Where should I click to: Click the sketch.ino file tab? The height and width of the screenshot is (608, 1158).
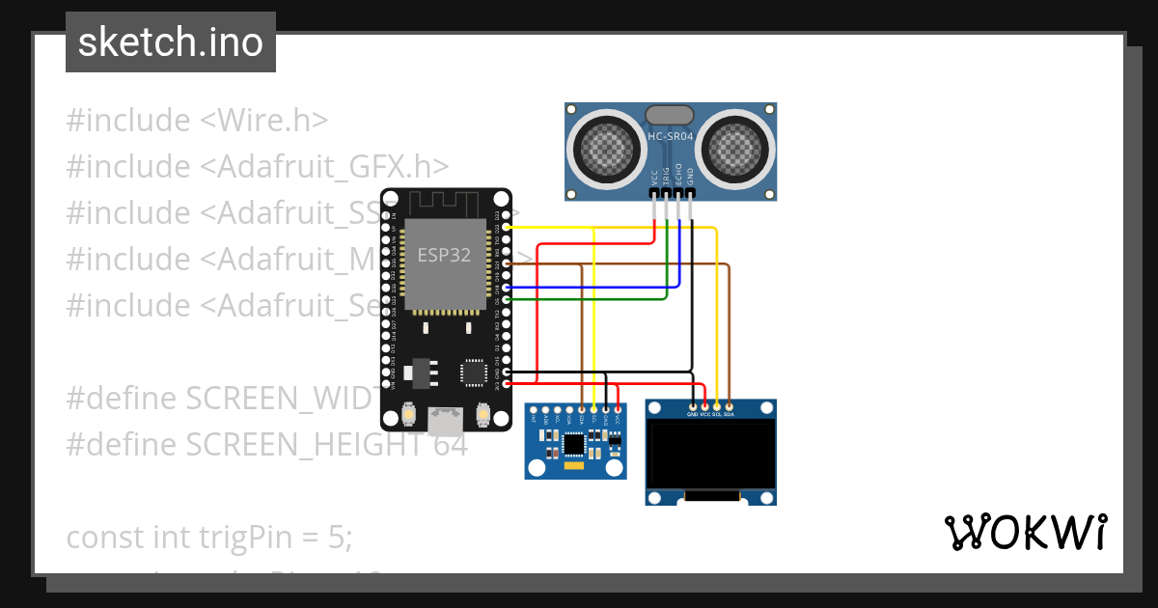[x=171, y=42]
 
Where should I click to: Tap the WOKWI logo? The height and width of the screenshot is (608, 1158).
[x=1025, y=532]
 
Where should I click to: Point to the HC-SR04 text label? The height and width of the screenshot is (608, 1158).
[x=671, y=137]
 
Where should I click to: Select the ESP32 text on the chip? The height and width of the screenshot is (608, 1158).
[x=444, y=256]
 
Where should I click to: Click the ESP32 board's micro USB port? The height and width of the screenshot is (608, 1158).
[x=445, y=420]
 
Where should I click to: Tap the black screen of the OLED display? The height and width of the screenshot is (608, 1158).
[x=711, y=454]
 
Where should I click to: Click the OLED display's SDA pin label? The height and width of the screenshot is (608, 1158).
[x=729, y=414]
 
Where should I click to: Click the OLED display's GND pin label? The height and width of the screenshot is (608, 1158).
[x=693, y=414]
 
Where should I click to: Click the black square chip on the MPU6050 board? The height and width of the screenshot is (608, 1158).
[x=575, y=444]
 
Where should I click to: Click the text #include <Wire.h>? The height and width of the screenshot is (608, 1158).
[x=197, y=121]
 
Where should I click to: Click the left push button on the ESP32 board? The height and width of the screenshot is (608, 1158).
[x=409, y=417]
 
